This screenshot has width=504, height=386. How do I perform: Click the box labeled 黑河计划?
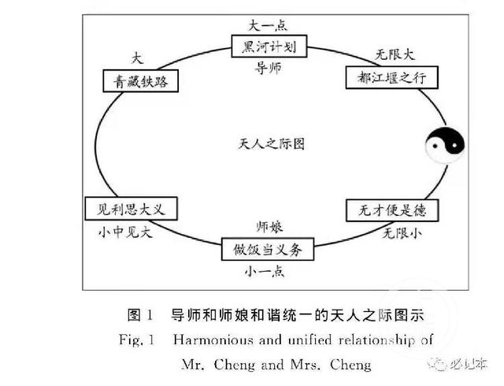pyautogui.click(x=269, y=46)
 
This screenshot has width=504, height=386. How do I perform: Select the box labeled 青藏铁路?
pyautogui.click(x=140, y=80)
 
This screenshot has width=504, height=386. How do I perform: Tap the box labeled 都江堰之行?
pyautogui.click(x=392, y=77)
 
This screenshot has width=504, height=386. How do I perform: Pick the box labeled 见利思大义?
pyautogui.click(x=131, y=209)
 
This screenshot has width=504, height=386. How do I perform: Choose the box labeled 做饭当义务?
pyautogui.click(x=268, y=249)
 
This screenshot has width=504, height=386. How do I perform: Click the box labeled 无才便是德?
pyautogui.click(x=392, y=210)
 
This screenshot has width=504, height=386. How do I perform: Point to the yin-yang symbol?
pyautogui.click(x=445, y=146)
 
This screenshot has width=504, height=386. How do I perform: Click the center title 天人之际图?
pyautogui.click(x=271, y=144)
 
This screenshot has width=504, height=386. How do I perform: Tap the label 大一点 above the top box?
pyautogui.click(x=268, y=25)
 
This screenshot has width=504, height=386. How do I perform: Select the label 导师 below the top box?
pyautogui.click(x=268, y=68)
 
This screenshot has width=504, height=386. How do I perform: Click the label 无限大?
pyautogui.click(x=395, y=54)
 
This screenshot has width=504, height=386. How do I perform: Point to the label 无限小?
pyautogui.click(x=402, y=233)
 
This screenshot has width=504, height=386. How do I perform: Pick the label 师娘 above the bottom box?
pyautogui.click(x=269, y=227)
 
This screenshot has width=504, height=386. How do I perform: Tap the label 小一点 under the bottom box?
pyautogui.click(x=265, y=272)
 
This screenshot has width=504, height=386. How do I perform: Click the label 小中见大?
pyautogui.click(x=125, y=232)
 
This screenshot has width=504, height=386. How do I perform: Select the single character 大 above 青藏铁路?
pyautogui.click(x=137, y=58)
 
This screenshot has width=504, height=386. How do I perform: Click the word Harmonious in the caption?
pyautogui.click(x=213, y=340)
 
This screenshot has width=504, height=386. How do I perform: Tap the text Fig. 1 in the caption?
pyautogui.click(x=136, y=340)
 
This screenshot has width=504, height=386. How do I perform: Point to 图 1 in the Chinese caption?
pyautogui.click(x=140, y=315)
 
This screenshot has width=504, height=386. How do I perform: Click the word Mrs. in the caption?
pyautogui.click(x=305, y=365)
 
